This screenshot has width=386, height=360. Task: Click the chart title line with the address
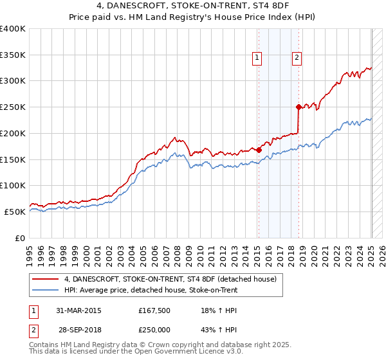[193, 6]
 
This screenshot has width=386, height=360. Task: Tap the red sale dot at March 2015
[259, 150]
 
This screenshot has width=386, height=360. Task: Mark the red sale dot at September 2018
[299, 107]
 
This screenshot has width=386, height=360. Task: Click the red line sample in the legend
[46, 279]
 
